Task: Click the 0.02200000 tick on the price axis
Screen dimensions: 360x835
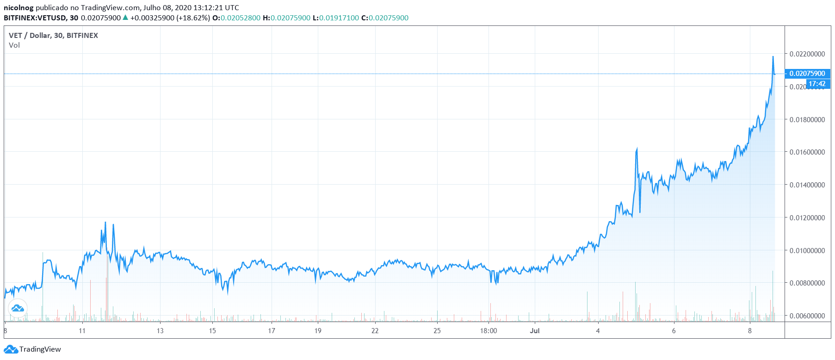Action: pos(807,54)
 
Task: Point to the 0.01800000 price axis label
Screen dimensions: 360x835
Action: pos(807,120)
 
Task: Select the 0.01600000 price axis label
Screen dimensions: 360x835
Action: pos(807,152)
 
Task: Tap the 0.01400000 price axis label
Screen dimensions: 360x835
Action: pos(807,185)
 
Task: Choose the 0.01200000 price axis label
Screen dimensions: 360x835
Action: pos(807,218)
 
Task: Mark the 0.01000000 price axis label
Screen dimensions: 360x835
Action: pos(807,251)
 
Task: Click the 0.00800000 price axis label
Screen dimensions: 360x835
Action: pos(807,283)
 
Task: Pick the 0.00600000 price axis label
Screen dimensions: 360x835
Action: pos(807,316)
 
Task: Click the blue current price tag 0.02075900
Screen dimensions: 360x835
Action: pos(807,74)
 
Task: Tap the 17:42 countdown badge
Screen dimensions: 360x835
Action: pos(817,84)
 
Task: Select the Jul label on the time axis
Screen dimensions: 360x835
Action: pos(535,331)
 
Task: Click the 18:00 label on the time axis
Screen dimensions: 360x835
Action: pos(489,331)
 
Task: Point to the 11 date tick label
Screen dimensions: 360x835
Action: pos(82,331)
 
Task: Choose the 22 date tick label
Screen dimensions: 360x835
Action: pos(375,331)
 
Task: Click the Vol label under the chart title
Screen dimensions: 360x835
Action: pos(14,45)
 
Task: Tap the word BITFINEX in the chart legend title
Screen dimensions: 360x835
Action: pos(82,36)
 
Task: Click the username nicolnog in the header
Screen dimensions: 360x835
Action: pos(19,8)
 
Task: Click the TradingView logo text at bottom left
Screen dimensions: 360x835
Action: pos(40,349)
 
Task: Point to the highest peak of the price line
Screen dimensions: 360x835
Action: pos(773,57)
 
